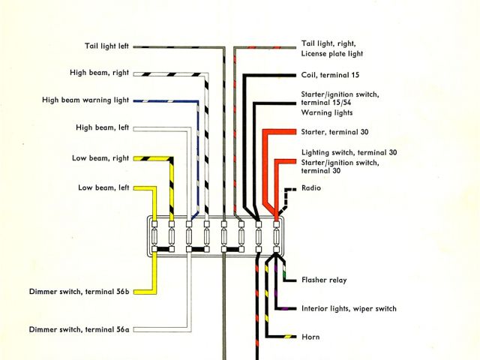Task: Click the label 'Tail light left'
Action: tap(106, 46)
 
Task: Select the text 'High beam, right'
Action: tap(99, 73)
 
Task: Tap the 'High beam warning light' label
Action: tap(85, 100)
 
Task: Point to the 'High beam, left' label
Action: tap(102, 127)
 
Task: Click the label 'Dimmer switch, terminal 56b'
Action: tap(79, 291)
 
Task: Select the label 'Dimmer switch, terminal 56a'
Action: tap(79, 328)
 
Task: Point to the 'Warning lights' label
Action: tap(327, 112)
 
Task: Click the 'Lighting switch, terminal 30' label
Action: tap(349, 152)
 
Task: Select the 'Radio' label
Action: tap(311, 187)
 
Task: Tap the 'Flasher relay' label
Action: tap(324, 280)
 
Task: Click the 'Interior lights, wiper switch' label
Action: tap(349, 308)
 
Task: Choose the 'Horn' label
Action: tap(310, 337)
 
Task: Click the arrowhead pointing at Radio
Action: tap(297, 187)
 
